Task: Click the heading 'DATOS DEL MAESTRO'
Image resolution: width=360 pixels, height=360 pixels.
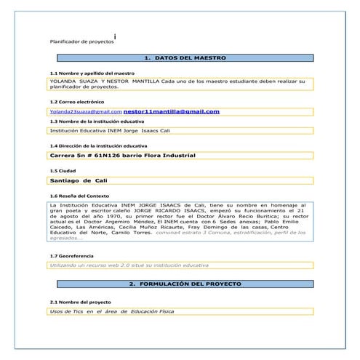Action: click(x=185, y=57)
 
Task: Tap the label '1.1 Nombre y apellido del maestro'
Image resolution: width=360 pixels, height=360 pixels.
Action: click(x=92, y=73)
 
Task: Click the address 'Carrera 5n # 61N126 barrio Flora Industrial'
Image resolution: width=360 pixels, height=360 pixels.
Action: click(x=122, y=156)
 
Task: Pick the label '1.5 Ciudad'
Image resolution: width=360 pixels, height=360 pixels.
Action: click(x=63, y=170)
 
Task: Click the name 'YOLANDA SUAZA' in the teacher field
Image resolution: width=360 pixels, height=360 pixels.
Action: click(x=71, y=81)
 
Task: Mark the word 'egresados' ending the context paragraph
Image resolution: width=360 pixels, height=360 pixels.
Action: click(x=64, y=238)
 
